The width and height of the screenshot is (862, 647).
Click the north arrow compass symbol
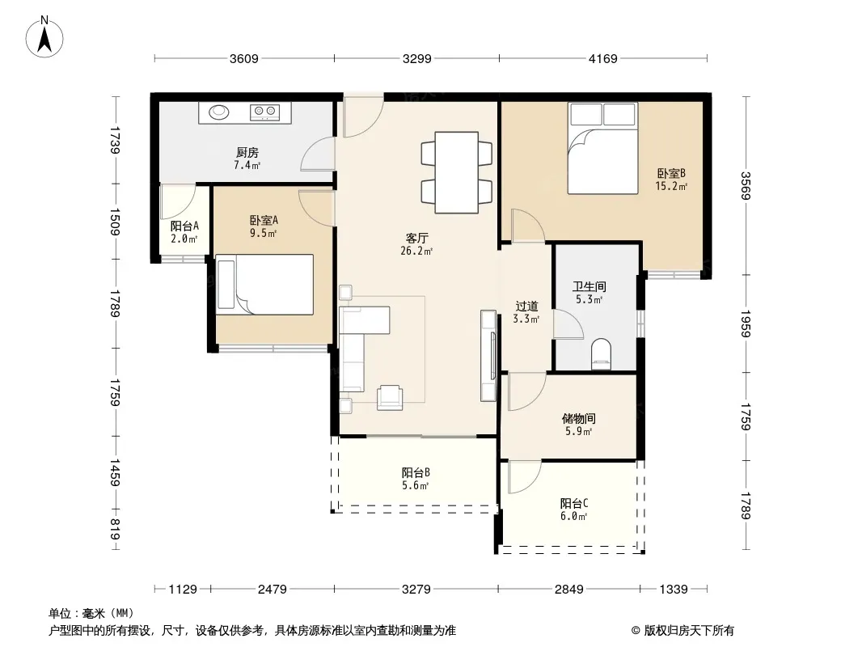tap(44, 36)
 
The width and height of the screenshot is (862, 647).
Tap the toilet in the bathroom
tap(601, 354)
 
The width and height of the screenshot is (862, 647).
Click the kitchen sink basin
tap(219, 112)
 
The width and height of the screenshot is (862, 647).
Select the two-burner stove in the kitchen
tap(264, 112)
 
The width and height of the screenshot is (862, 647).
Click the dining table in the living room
tap(456, 172)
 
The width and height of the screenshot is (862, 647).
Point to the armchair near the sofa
tap(390, 397)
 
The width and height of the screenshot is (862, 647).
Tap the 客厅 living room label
tap(416, 238)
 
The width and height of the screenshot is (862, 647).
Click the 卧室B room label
tap(671, 174)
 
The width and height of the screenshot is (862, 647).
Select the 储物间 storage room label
tap(578, 418)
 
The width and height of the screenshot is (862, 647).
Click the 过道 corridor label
tap(526, 307)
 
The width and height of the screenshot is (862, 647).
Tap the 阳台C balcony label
tap(574, 503)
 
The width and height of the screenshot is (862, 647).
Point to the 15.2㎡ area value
tap(671, 186)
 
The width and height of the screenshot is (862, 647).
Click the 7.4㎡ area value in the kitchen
tap(247, 165)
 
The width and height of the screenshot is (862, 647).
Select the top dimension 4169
tap(603, 58)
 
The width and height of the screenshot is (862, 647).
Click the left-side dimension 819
tap(115, 530)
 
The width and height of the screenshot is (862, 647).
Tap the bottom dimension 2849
tap(569, 590)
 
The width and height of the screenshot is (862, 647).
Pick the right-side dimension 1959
tap(746, 323)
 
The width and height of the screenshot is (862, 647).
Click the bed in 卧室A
tap(265, 284)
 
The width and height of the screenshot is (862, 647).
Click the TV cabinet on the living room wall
tap(488, 355)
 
